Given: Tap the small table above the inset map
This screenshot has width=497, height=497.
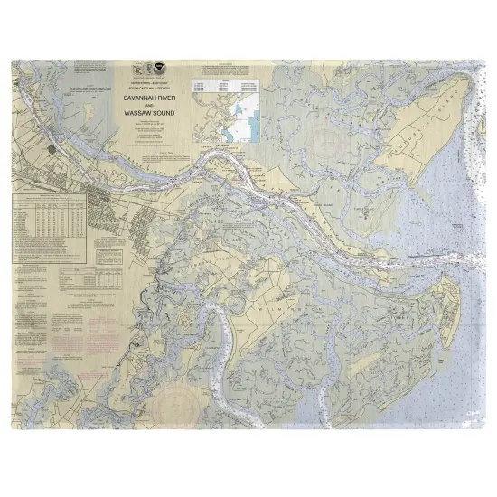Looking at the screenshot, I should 233,84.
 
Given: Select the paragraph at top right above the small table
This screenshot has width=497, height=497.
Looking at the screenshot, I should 233,67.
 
